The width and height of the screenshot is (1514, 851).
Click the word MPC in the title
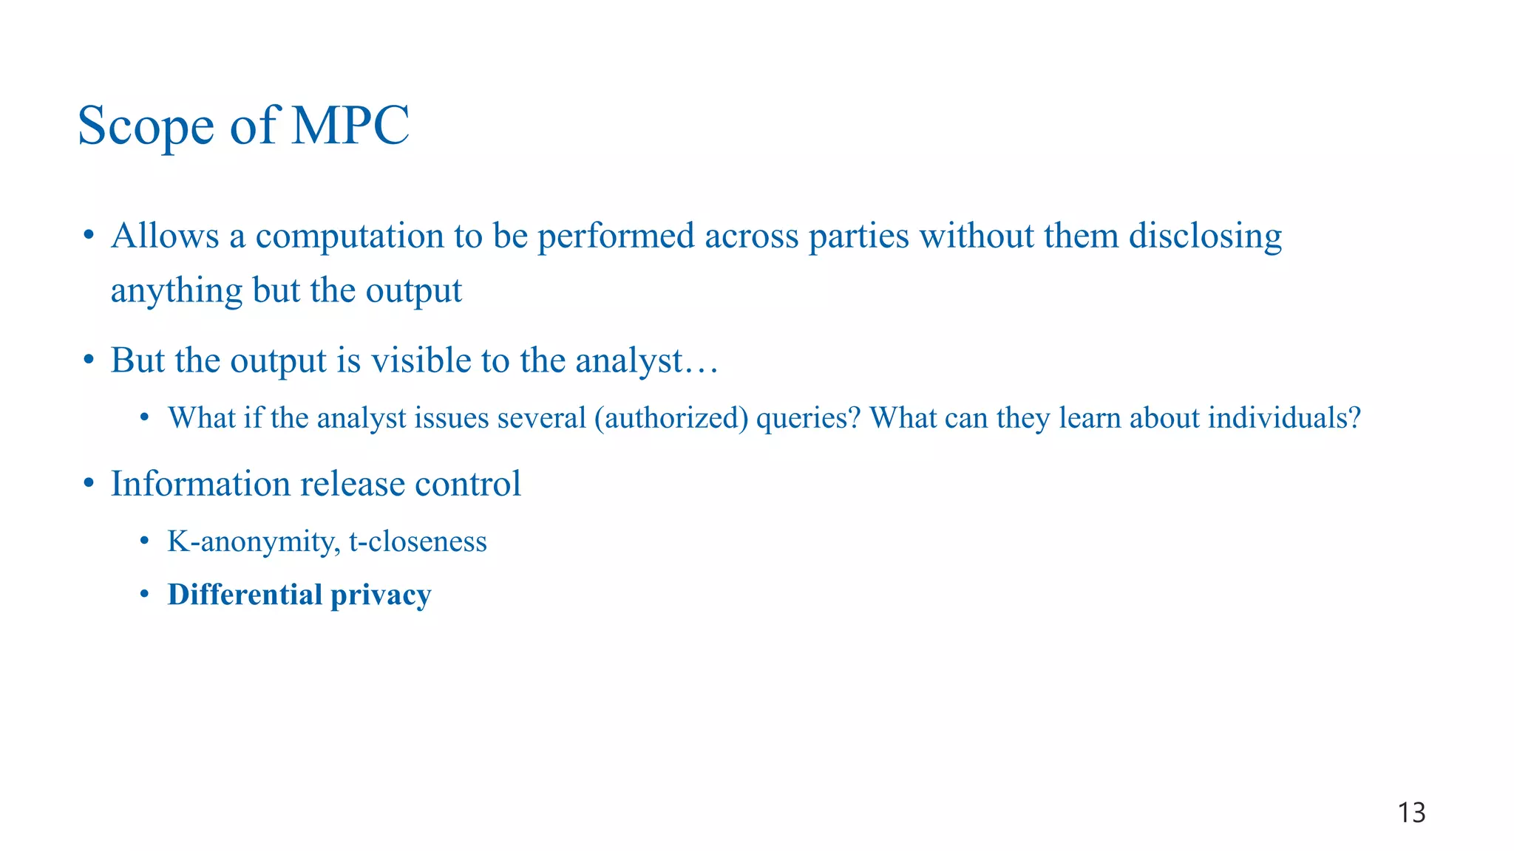click(350, 126)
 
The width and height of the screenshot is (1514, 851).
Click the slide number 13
click(1411, 813)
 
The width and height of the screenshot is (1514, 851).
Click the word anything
click(176, 291)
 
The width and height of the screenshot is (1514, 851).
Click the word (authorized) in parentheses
click(671, 418)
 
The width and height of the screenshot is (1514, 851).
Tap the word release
click(353, 484)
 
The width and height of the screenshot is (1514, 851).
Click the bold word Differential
click(245, 595)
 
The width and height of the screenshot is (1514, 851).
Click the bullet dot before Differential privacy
click(145, 594)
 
